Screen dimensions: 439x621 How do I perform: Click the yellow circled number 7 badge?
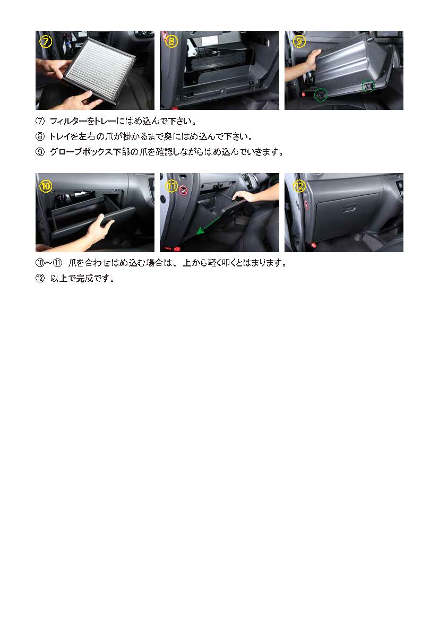[x=46, y=41]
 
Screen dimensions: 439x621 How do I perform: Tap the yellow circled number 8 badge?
[x=171, y=41]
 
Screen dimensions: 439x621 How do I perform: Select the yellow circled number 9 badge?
[x=299, y=41]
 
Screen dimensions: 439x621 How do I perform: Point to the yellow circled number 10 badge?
[x=46, y=186]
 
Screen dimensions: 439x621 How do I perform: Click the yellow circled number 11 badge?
[x=171, y=186]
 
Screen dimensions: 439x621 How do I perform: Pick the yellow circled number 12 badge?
[x=299, y=186]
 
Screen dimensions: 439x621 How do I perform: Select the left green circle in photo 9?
[x=321, y=94]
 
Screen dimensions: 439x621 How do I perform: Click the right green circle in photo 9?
[x=368, y=85]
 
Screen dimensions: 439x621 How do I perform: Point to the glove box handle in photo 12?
[x=349, y=208]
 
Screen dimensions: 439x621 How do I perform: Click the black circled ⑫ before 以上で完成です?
[x=40, y=279]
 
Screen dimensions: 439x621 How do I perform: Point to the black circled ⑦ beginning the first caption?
[x=40, y=121]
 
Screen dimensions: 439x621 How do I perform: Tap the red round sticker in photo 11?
[x=183, y=191]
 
